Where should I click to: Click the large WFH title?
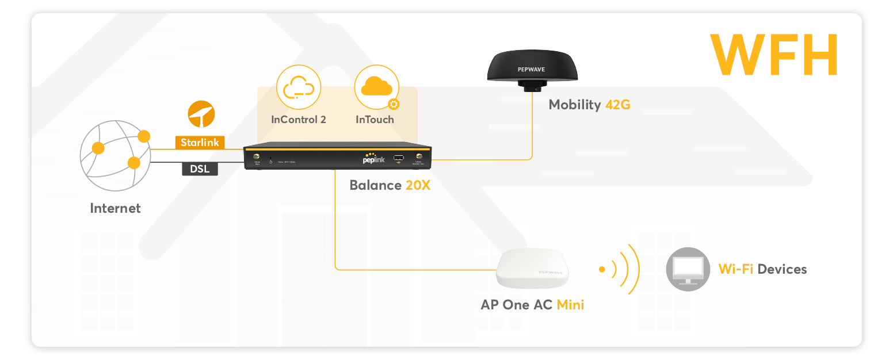click(x=773, y=55)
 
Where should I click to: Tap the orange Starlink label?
click(x=200, y=142)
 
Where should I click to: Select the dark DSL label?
click(x=200, y=169)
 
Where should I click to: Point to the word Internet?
click(x=115, y=208)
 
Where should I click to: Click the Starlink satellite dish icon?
click(x=201, y=114)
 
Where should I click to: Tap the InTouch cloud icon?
click(x=377, y=87)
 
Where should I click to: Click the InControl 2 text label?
click(x=299, y=120)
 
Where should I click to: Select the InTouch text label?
click(x=375, y=120)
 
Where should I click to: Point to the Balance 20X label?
click(x=390, y=185)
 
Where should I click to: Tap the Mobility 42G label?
click(x=589, y=105)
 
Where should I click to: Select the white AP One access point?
click(x=533, y=269)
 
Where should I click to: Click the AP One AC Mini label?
click(x=532, y=305)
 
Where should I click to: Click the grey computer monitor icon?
click(x=688, y=269)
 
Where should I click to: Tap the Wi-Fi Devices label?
click(x=762, y=269)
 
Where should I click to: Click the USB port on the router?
click(x=399, y=158)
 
